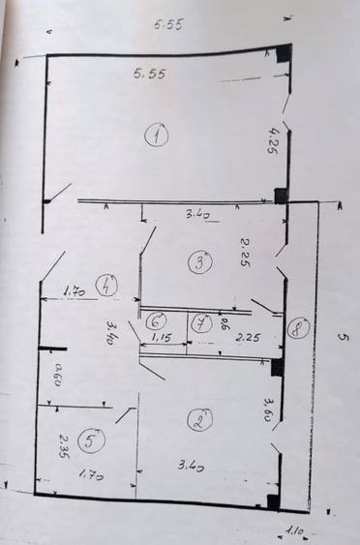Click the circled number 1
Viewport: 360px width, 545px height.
(x=156, y=136)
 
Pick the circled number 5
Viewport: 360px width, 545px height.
(x=90, y=441)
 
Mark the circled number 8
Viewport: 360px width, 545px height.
(x=296, y=328)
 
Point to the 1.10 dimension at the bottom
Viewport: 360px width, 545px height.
(x=294, y=530)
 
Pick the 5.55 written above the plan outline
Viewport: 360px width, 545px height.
(x=168, y=26)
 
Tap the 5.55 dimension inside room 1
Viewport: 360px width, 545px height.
(x=147, y=74)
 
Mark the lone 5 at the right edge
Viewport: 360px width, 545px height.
(x=343, y=337)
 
